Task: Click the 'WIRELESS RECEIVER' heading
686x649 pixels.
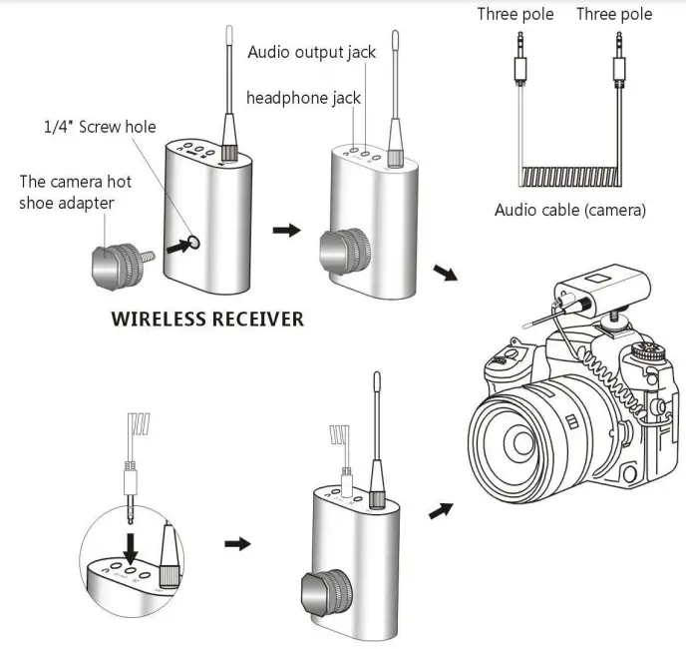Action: (x=206, y=320)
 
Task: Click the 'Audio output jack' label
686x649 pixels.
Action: (x=311, y=52)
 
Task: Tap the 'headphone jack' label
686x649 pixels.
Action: (x=303, y=97)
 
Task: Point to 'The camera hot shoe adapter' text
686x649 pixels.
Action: (x=75, y=192)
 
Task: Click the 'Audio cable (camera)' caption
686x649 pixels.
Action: (x=569, y=210)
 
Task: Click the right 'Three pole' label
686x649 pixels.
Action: (x=614, y=14)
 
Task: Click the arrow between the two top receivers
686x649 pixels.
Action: (x=287, y=230)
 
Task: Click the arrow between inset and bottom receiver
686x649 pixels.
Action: (x=237, y=543)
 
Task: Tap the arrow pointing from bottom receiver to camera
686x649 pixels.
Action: (x=439, y=509)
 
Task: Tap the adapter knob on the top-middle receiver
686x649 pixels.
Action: (x=344, y=251)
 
